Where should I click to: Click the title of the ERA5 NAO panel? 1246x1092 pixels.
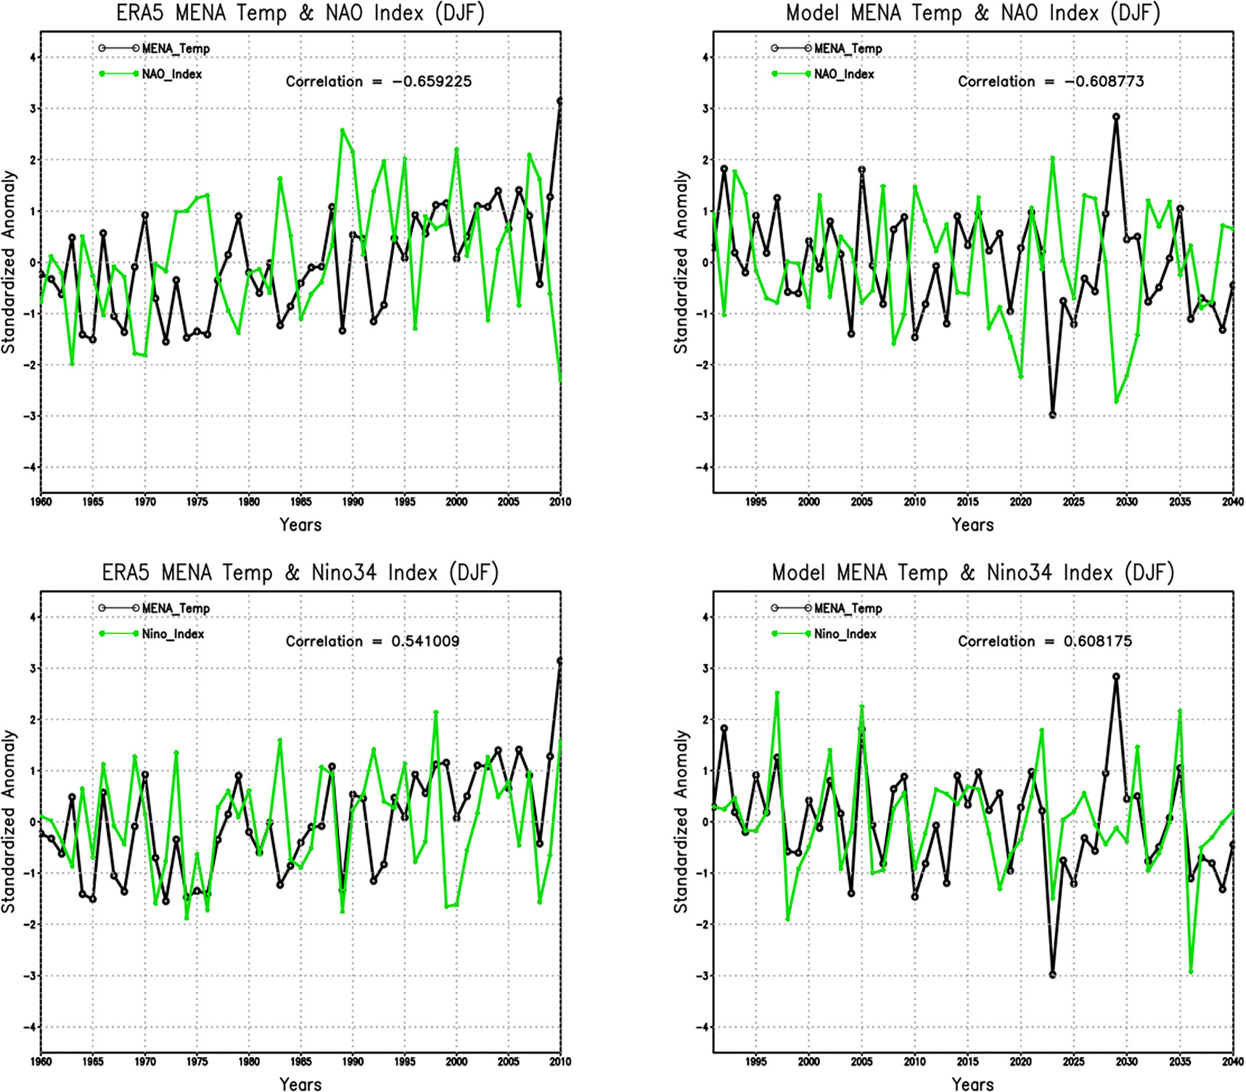coord(300,13)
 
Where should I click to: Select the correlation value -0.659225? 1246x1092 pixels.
coord(432,81)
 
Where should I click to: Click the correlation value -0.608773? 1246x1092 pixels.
coord(1104,81)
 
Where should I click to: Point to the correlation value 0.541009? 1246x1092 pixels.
coord(425,641)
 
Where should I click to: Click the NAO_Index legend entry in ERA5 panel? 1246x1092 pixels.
coord(171,74)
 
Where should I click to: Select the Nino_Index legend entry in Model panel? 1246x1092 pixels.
coord(845,634)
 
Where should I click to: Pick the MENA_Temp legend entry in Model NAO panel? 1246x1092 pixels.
coord(848,49)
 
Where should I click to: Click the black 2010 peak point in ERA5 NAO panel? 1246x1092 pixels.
coord(560,101)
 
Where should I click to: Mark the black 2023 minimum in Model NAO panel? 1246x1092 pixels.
coord(1052,415)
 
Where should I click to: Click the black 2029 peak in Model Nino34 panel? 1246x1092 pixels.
coord(1116,677)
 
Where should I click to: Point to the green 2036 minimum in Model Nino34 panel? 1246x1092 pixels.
coord(1191,971)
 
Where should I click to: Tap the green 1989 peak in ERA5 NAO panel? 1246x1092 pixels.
coord(343,131)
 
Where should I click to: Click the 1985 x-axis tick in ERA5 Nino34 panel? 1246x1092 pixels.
coord(300,1061)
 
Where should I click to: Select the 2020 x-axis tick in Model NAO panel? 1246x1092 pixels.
coord(1020,501)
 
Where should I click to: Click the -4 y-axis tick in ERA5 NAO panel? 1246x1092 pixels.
coord(29,467)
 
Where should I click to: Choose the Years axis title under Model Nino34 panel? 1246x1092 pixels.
coord(972,1084)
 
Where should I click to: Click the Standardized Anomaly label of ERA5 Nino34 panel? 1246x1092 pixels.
coord(9,821)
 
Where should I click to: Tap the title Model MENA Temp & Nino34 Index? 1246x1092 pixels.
coord(972,573)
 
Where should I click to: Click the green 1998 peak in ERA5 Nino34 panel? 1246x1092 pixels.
coord(436,712)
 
